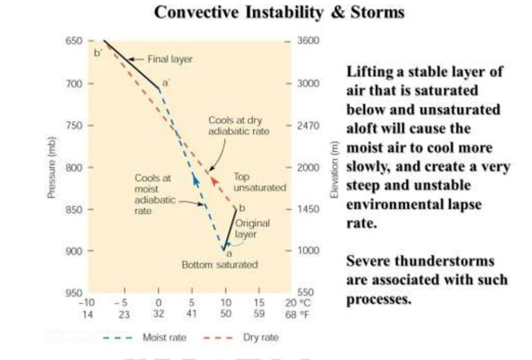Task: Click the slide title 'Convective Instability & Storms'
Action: click(x=266, y=13)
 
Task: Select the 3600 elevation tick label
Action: click(x=308, y=41)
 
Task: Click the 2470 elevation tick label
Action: click(x=308, y=126)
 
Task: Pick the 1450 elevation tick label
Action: click(x=308, y=209)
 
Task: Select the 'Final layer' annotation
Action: click(x=168, y=59)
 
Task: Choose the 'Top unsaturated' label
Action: click(x=259, y=181)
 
